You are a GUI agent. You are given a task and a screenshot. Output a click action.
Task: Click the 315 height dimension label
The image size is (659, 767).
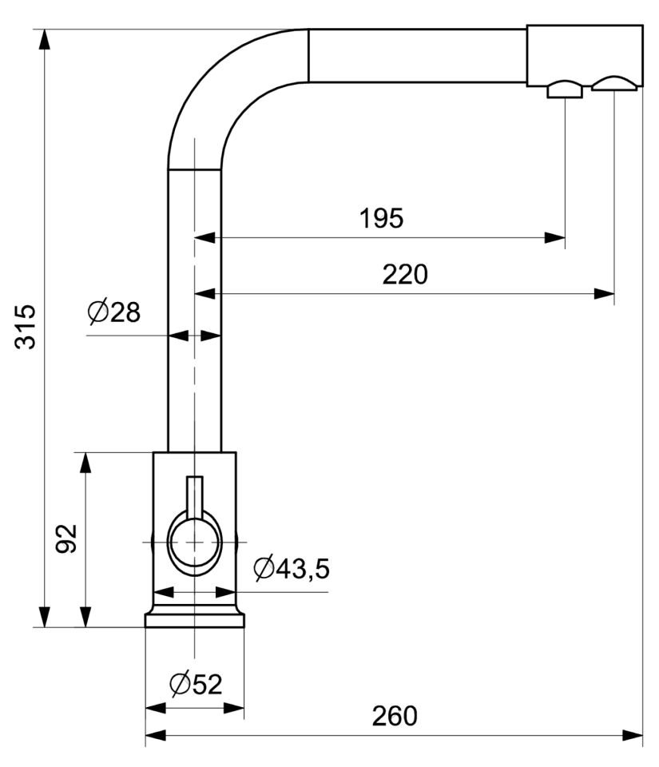26,326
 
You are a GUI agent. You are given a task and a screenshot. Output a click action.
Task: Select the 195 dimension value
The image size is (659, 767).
381,218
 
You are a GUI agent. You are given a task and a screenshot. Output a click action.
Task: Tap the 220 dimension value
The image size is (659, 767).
405,274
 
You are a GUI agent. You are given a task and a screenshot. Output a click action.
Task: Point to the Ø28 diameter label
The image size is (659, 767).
114,312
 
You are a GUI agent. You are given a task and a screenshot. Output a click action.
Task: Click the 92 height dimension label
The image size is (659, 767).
67,539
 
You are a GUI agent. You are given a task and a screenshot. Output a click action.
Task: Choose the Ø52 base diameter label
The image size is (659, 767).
196,684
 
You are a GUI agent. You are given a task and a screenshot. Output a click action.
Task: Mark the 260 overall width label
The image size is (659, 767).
395,716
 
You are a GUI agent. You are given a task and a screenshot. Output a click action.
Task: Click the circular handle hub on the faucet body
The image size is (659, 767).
194,542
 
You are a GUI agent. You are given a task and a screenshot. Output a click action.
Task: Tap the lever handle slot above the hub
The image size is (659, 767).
194,491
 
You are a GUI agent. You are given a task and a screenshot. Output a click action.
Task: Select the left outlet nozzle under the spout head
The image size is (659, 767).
565,89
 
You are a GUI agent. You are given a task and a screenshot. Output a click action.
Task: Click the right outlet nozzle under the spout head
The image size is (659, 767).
614,84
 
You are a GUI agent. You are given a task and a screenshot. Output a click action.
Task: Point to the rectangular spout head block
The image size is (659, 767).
585,54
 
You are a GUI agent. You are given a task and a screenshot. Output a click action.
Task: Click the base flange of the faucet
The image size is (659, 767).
194,619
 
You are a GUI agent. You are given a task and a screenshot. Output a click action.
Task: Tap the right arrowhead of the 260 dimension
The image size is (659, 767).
634,734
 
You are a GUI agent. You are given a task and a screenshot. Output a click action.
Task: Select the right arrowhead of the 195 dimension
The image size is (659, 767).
556,237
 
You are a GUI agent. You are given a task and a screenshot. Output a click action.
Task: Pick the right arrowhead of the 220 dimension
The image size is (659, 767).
605,294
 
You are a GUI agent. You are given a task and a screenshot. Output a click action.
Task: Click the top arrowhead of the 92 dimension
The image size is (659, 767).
85,462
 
